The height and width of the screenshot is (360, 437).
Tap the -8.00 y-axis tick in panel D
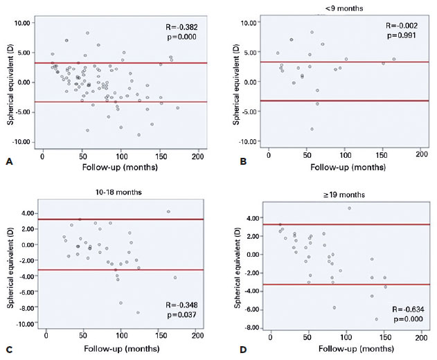click(251, 327)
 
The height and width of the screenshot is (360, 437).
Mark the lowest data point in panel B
click(312, 129)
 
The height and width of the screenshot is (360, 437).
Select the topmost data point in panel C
click(168, 212)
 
